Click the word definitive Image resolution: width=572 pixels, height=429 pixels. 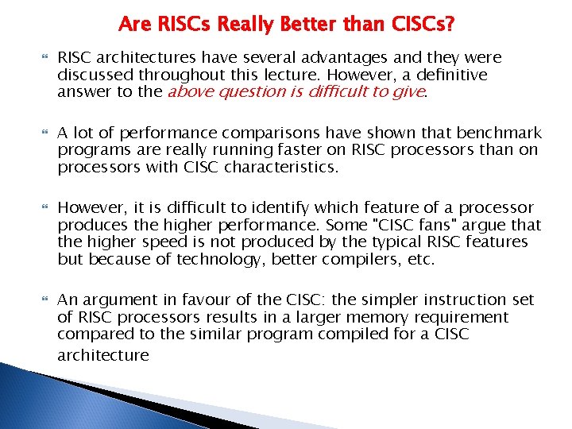448,75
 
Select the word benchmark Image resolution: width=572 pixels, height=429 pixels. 499,133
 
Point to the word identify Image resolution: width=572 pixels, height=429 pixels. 267,208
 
